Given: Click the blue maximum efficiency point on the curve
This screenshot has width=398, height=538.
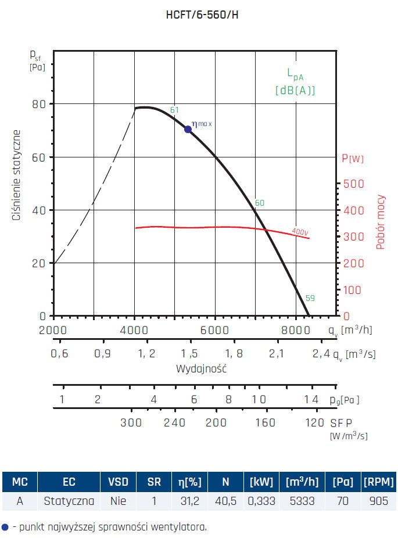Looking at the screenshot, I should click(x=188, y=129).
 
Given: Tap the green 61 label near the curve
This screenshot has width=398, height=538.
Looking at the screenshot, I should click(x=174, y=110).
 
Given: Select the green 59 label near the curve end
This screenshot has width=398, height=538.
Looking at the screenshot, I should click(x=310, y=298).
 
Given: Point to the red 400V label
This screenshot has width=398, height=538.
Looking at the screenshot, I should click(x=300, y=231).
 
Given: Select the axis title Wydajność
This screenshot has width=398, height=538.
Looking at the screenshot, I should click(x=201, y=369).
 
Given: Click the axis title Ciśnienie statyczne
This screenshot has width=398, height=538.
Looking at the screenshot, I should click(x=17, y=175).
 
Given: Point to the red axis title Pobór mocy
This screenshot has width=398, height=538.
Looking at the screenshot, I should click(x=381, y=222).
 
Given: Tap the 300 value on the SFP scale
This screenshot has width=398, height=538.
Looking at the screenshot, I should click(x=131, y=423).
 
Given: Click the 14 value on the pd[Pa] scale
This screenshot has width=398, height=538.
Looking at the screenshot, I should click(x=311, y=399).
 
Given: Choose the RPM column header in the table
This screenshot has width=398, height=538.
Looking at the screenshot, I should click(x=378, y=482).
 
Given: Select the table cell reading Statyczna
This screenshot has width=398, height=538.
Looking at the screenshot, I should click(x=69, y=500).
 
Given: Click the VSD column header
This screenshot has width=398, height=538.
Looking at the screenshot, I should click(x=118, y=482).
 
